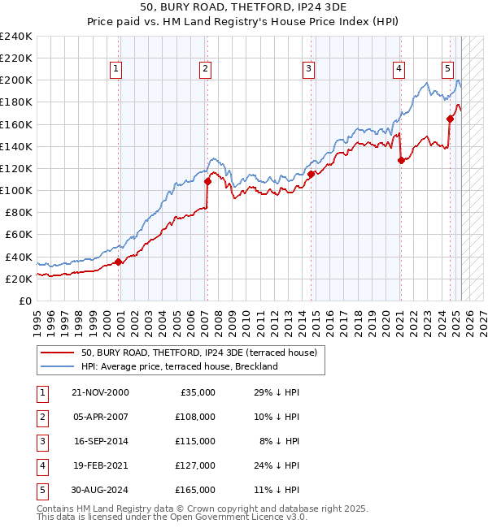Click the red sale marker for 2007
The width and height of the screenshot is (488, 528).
coord(207,181)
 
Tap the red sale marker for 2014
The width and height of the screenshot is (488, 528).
coord(312,174)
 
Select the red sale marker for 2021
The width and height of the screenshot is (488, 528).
coord(401,161)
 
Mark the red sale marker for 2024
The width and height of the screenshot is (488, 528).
coord(450,119)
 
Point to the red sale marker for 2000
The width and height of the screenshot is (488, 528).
coord(119,262)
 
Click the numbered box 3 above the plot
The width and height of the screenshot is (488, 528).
coord(309,69)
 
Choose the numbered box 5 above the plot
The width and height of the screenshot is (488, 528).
coord(448,69)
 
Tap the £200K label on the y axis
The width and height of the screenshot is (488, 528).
coord(16,80)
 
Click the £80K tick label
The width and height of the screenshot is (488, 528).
coord(19,212)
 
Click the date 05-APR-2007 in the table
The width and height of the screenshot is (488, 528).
coord(99,417)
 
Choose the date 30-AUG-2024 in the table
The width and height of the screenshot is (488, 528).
coord(100,490)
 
